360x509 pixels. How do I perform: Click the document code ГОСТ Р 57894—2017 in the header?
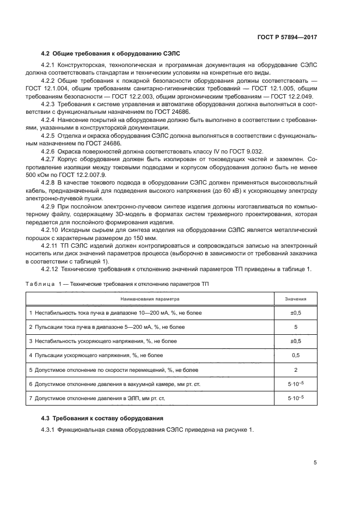click(x=287, y=38)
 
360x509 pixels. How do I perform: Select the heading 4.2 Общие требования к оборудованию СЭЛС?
click(x=111, y=53)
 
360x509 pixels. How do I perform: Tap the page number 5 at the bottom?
click(x=315, y=463)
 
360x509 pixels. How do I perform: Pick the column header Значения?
click(x=296, y=299)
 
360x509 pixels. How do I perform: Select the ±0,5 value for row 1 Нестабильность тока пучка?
click(x=296, y=313)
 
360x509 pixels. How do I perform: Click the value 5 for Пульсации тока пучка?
click(x=296, y=327)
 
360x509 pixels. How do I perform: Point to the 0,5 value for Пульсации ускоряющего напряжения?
click(x=296, y=355)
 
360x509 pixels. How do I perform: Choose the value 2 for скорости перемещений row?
click(x=296, y=370)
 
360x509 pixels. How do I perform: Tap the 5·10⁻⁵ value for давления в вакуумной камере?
click(x=296, y=384)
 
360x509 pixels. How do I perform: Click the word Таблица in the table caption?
click(x=40, y=284)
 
